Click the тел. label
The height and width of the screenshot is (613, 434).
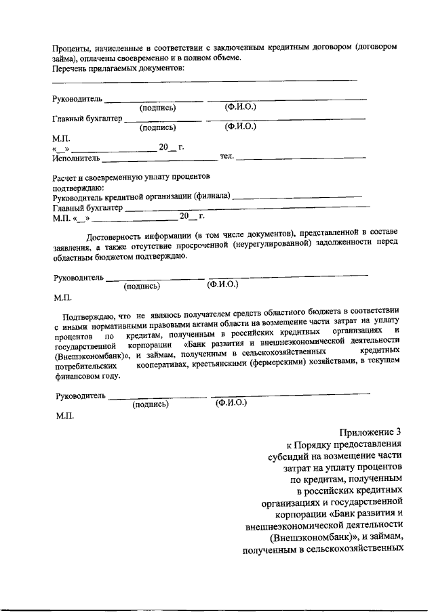pyautogui.click(x=226, y=156)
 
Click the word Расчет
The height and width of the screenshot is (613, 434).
pyautogui.click(x=66, y=177)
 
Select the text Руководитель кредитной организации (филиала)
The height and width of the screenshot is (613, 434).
pyautogui.click(x=141, y=197)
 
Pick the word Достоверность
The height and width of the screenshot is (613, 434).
pyautogui.click(x=117, y=236)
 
